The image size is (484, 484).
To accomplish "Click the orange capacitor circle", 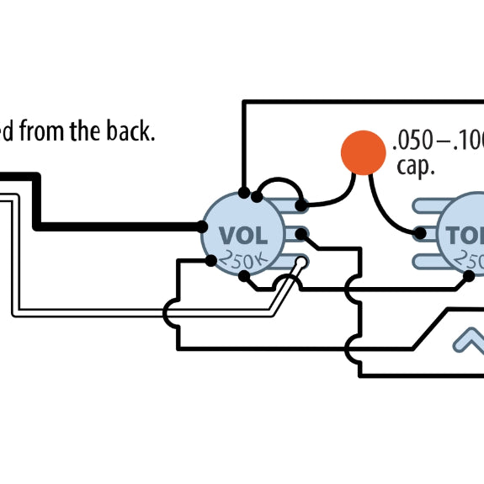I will pyautogui.click(x=363, y=152).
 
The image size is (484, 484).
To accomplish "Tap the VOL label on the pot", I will pyautogui.click(x=242, y=234).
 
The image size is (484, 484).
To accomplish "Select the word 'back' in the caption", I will pyautogui.click(x=134, y=131).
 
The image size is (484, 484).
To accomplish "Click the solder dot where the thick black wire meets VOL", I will pyautogui.click(x=202, y=227).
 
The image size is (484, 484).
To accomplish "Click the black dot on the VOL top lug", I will pyautogui.click(x=301, y=204).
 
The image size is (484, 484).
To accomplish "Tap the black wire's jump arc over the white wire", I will pyautogui.click(x=168, y=313).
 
